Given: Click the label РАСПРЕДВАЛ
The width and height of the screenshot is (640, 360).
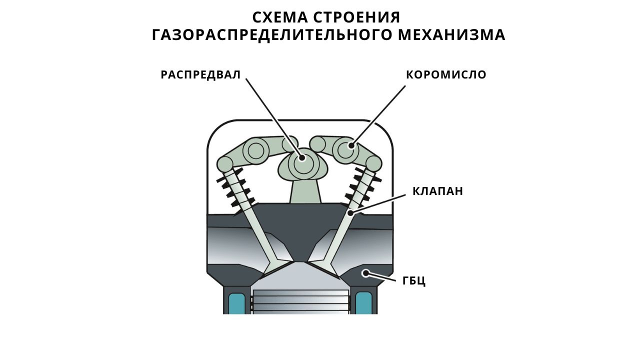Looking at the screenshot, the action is [x=200, y=75].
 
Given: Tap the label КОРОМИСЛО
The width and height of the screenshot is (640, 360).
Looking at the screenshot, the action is [x=446, y=75].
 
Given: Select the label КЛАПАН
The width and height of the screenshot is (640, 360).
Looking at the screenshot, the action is [x=437, y=191].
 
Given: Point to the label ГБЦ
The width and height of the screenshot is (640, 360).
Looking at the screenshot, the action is [x=414, y=281].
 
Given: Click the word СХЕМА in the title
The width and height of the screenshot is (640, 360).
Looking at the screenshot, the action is [x=280, y=17].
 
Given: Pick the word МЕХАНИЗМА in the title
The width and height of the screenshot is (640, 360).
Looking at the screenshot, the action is [x=451, y=35].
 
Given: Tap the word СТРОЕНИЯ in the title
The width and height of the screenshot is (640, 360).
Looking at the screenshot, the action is [x=357, y=17].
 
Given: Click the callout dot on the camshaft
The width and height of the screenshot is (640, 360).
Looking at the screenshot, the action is [x=301, y=157].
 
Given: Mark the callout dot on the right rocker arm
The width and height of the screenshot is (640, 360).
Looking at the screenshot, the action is [x=351, y=145].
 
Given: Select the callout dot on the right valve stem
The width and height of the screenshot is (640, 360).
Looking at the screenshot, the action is [x=350, y=213].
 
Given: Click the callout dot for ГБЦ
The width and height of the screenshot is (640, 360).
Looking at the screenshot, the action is [x=365, y=273].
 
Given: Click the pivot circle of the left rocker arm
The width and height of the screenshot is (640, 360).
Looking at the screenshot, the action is [x=255, y=150].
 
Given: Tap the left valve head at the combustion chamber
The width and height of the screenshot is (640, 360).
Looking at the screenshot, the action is [x=277, y=267].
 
